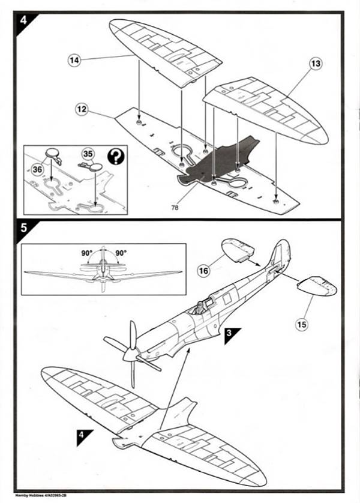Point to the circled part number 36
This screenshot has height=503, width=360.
[37, 170]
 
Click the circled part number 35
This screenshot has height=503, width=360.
[88, 154]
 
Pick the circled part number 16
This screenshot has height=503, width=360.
[205, 271]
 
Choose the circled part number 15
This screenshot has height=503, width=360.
[301, 325]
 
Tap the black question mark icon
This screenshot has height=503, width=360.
[115, 157]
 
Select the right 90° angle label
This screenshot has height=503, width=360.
[120, 253]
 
